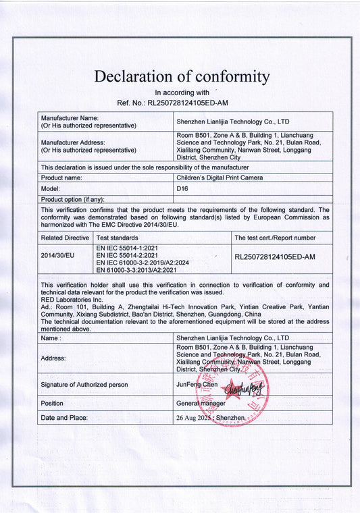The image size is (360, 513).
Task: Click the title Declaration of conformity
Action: point(182,76)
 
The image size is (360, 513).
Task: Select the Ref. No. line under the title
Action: point(182,103)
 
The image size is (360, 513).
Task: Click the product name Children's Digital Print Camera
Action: point(220,178)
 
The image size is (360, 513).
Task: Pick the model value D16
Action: point(182,189)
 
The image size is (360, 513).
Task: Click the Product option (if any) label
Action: point(72,199)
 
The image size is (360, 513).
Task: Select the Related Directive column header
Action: point(65,238)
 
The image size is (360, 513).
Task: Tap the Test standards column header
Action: point(118,238)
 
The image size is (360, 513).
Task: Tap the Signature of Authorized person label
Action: point(84,384)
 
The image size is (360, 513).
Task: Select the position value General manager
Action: point(201,403)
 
